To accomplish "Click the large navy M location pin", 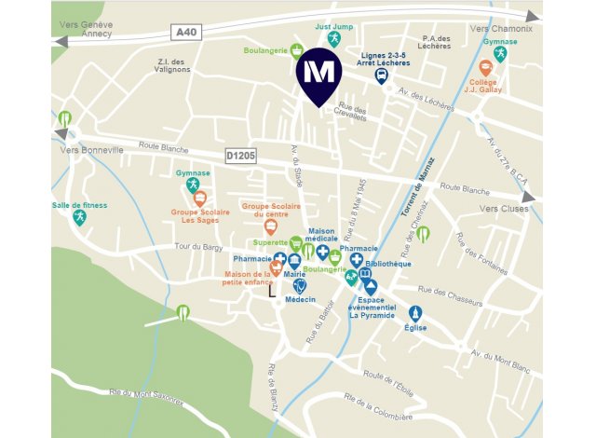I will [318, 74].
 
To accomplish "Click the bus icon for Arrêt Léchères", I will [382, 77].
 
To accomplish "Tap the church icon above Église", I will [416, 314].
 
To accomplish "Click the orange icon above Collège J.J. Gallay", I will [485, 67].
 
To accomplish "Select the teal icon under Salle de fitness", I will [79, 217].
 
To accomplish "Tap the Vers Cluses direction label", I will [503, 209].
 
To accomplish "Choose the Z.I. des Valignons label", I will [177, 65].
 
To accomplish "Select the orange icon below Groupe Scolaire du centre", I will [271, 226].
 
